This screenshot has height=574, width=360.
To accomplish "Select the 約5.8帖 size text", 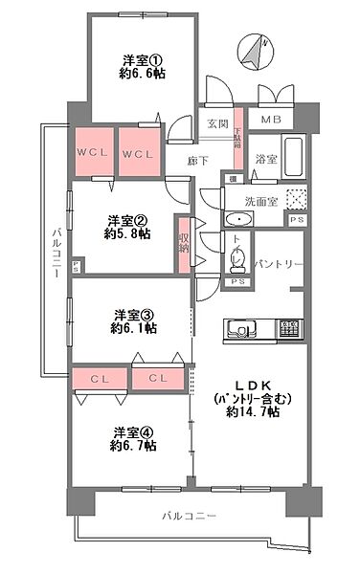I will [x=124, y=233].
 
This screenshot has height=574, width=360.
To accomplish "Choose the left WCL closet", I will [x=92, y=153].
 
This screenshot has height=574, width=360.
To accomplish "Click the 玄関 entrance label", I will [x=216, y=124].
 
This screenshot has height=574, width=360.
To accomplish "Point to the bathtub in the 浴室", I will [x=294, y=154].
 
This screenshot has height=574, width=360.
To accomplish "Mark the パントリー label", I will [x=280, y=264].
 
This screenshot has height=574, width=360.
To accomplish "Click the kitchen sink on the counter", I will [x=244, y=330].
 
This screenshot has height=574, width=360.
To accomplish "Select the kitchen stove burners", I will [x=291, y=329].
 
